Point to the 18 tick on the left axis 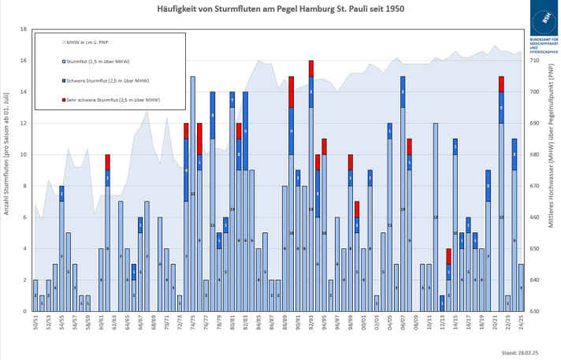point(23,29)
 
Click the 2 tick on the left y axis point(24,280)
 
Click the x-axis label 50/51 point(35,324)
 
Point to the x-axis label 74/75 point(192,324)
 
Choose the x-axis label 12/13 point(442,324)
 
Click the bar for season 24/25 point(520,288)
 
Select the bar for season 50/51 point(35,295)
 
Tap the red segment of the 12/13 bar point(448,256)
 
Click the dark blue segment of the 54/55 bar point(61,194)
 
